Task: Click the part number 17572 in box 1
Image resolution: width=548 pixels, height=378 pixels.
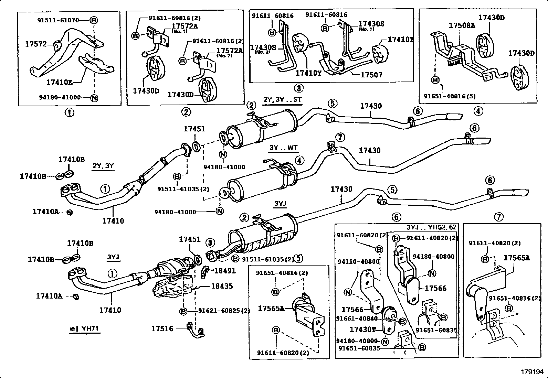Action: tap(35, 44)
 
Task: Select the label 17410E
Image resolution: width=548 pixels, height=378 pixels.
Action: tap(59, 83)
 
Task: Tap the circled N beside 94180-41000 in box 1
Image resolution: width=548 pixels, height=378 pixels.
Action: tap(94, 98)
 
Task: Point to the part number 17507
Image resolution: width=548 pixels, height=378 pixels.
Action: tap(371, 75)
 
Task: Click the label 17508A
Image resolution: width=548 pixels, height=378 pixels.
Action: tap(462, 25)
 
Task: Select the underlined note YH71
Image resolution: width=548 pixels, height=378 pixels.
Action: tap(84, 328)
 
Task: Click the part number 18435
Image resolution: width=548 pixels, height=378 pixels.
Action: tap(222, 286)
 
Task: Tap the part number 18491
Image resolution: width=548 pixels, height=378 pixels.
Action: tap(225, 271)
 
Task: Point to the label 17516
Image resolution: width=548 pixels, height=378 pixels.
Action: tap(162, 328)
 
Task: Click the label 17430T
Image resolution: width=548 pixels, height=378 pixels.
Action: tap(363, 330)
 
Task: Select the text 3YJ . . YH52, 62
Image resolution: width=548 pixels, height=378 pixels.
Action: tap(432, 227)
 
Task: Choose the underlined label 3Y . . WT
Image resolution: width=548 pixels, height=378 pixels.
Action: tap(284, 148)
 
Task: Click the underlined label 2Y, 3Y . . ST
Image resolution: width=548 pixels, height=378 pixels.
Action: tap(282, 100)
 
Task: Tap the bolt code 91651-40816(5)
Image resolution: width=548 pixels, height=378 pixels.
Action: tap(449, 96)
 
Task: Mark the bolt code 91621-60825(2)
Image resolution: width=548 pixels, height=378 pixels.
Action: tap(224, 311)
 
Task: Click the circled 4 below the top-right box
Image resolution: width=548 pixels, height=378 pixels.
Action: tap(478, 111)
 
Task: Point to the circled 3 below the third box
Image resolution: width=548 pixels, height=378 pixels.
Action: tap(298, 88)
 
